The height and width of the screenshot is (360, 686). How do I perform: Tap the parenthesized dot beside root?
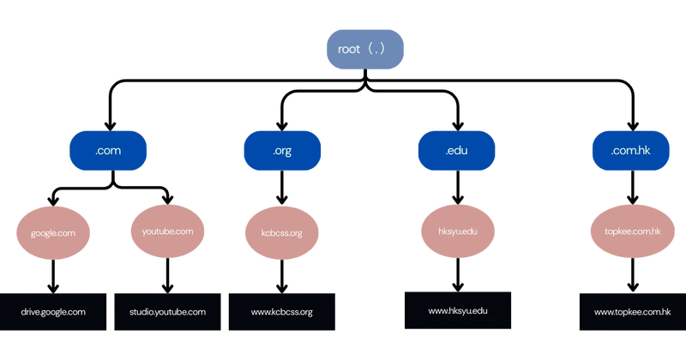pos(376,50)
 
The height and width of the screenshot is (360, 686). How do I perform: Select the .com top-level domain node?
pos(103,152)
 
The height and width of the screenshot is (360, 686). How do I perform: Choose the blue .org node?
pos(281,152)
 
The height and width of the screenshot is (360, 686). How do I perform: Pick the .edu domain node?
pos(456,152)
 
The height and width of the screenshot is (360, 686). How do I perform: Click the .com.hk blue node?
pos(629,152)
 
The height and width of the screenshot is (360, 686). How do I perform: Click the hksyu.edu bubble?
pos(456,231)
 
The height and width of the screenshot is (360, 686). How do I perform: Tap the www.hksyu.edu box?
pos(457,310)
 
